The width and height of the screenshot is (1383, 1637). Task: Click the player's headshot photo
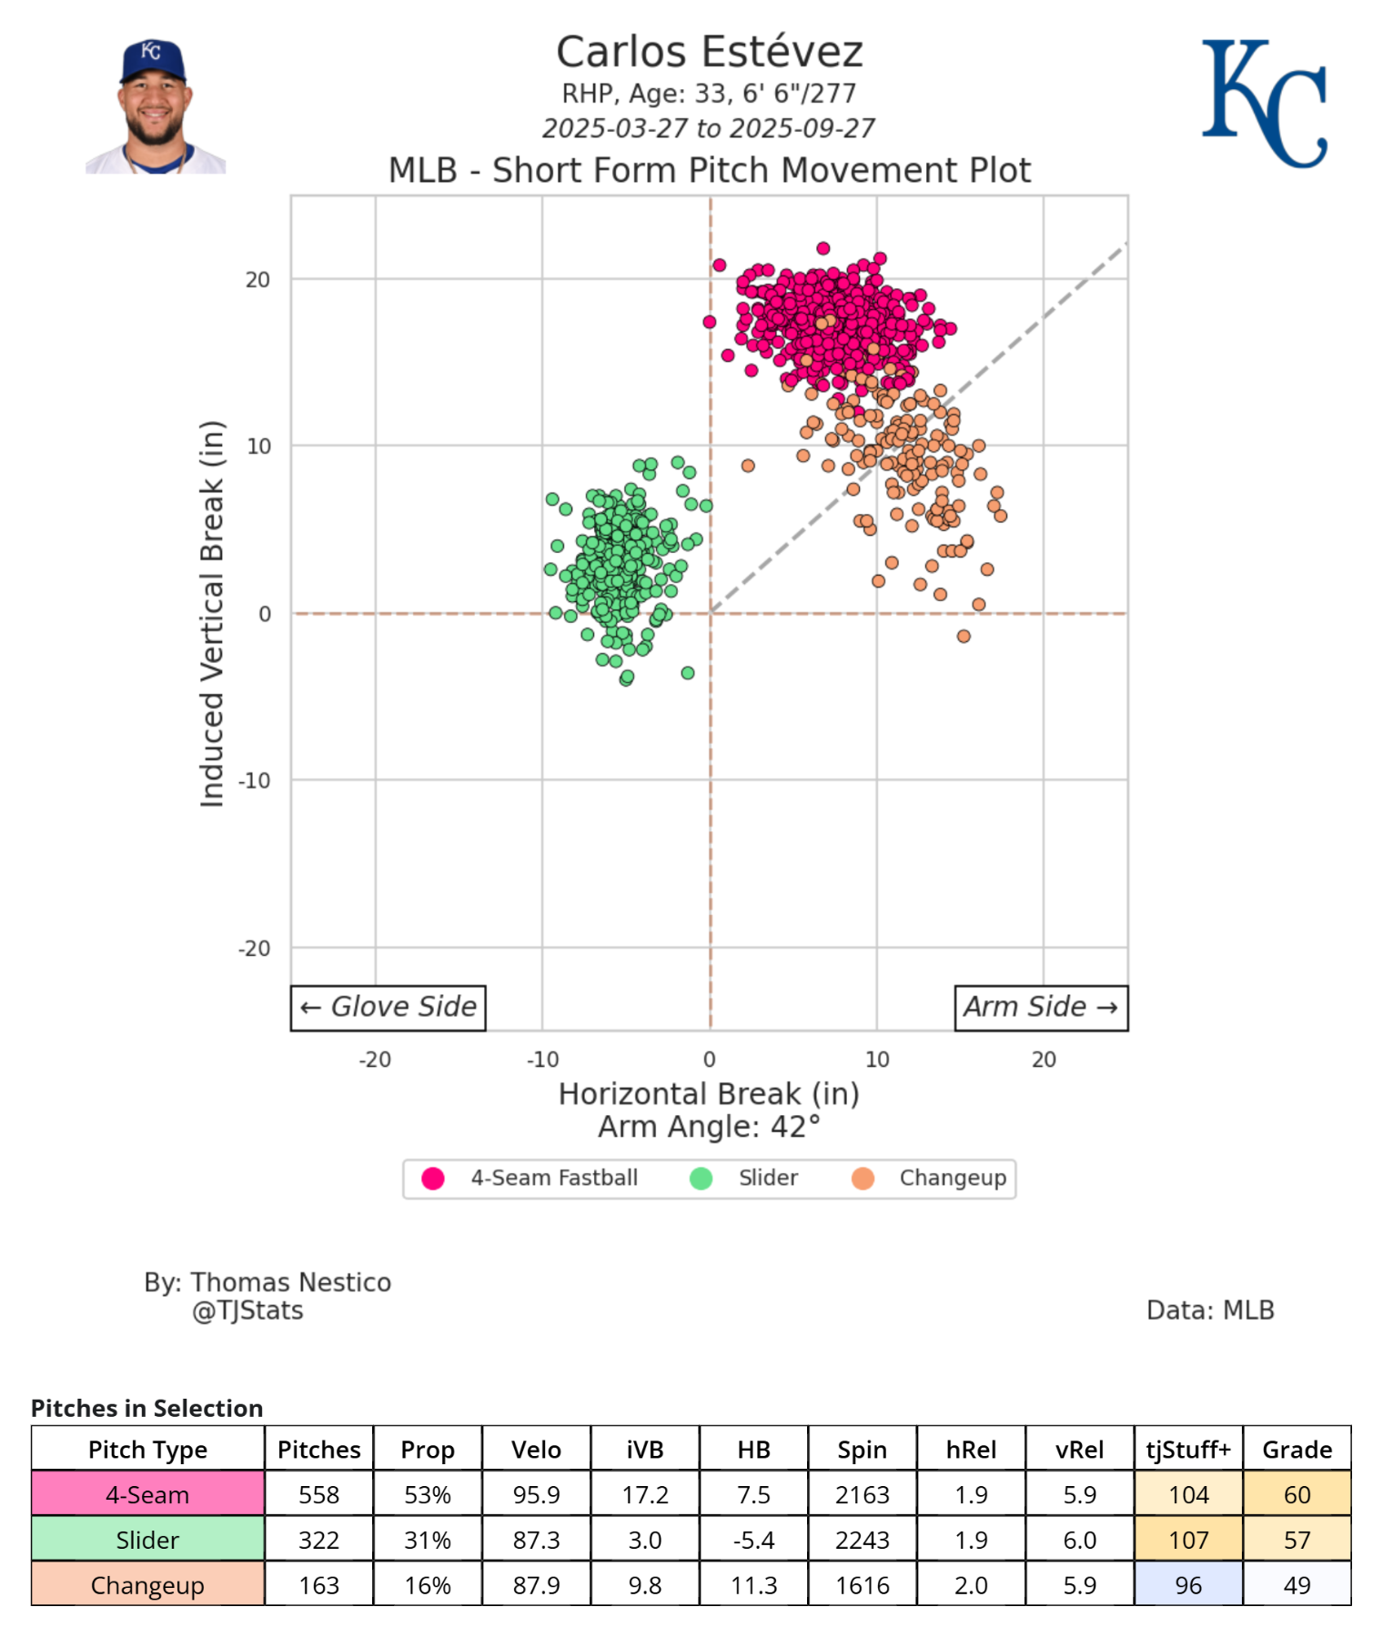(x=155, y=106)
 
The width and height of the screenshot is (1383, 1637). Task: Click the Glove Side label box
(x=389, y=1008)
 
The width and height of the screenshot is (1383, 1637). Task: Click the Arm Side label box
(x=1040, y=1008)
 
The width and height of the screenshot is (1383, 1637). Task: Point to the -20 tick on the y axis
(x=255, y=949)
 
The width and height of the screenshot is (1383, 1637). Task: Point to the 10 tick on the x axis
(x=877, y=1060)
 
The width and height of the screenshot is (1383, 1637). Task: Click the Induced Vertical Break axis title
(x=212, y=614)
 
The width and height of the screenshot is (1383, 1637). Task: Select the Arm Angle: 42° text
(x=709, y=1127)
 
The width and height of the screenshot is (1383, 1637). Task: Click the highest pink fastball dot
(x=823, y=248)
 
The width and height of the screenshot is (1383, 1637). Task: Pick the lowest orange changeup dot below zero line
(x=964, y=636)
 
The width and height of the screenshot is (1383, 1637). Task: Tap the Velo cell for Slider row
(x=536, y=1540)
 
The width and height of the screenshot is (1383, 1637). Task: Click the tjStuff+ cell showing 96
(x=1187, y=1585)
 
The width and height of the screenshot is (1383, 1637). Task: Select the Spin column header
(x=862, y=1450)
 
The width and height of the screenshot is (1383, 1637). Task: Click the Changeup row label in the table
(x=147, y=1585)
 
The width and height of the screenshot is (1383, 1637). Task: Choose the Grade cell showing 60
(x=1297, y=1494)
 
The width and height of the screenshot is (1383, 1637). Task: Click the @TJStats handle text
(x=247, y=1311)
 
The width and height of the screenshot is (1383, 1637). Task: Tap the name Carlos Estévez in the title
(x=709, y=52)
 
